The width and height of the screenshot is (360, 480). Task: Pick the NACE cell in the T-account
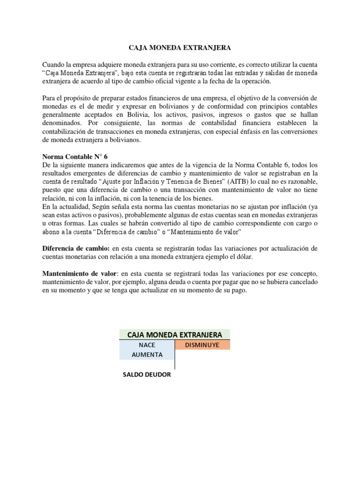coord(147,345)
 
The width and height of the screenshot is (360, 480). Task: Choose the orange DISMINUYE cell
coord(202,345)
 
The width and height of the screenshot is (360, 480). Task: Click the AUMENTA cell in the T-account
coord(147,355)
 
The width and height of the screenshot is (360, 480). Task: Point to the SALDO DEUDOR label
coord(147,375)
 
